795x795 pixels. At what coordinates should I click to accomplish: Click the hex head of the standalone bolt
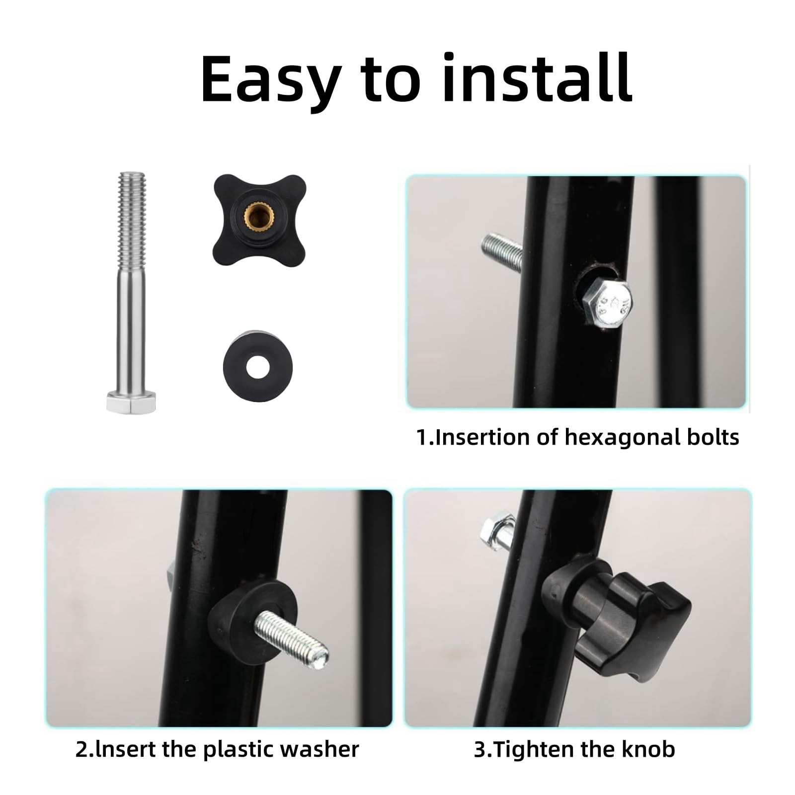[131, 401]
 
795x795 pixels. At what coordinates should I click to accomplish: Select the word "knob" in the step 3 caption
[650, 749]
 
